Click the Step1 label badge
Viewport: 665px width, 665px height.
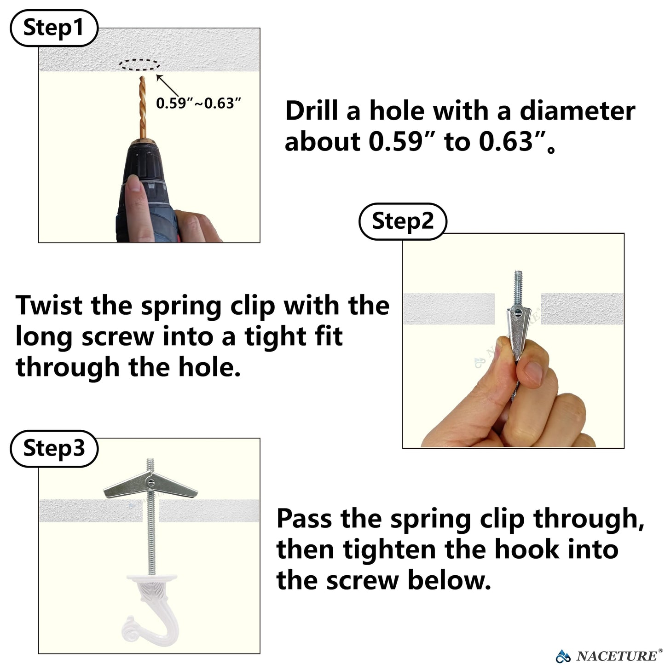tap(54, 28)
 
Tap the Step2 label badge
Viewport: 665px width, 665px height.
tap(403, 221)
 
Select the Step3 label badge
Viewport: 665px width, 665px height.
tap(54, 448)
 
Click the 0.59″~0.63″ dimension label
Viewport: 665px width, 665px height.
tap(198, 103)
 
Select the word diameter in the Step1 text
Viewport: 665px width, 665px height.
tap(578, 111)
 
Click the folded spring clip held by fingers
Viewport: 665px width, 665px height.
tap(518, 331)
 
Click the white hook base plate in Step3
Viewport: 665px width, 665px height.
tap(152, 578)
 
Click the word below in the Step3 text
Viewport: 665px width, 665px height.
tap(449, 580)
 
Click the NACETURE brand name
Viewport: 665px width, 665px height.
tap(616, 656)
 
